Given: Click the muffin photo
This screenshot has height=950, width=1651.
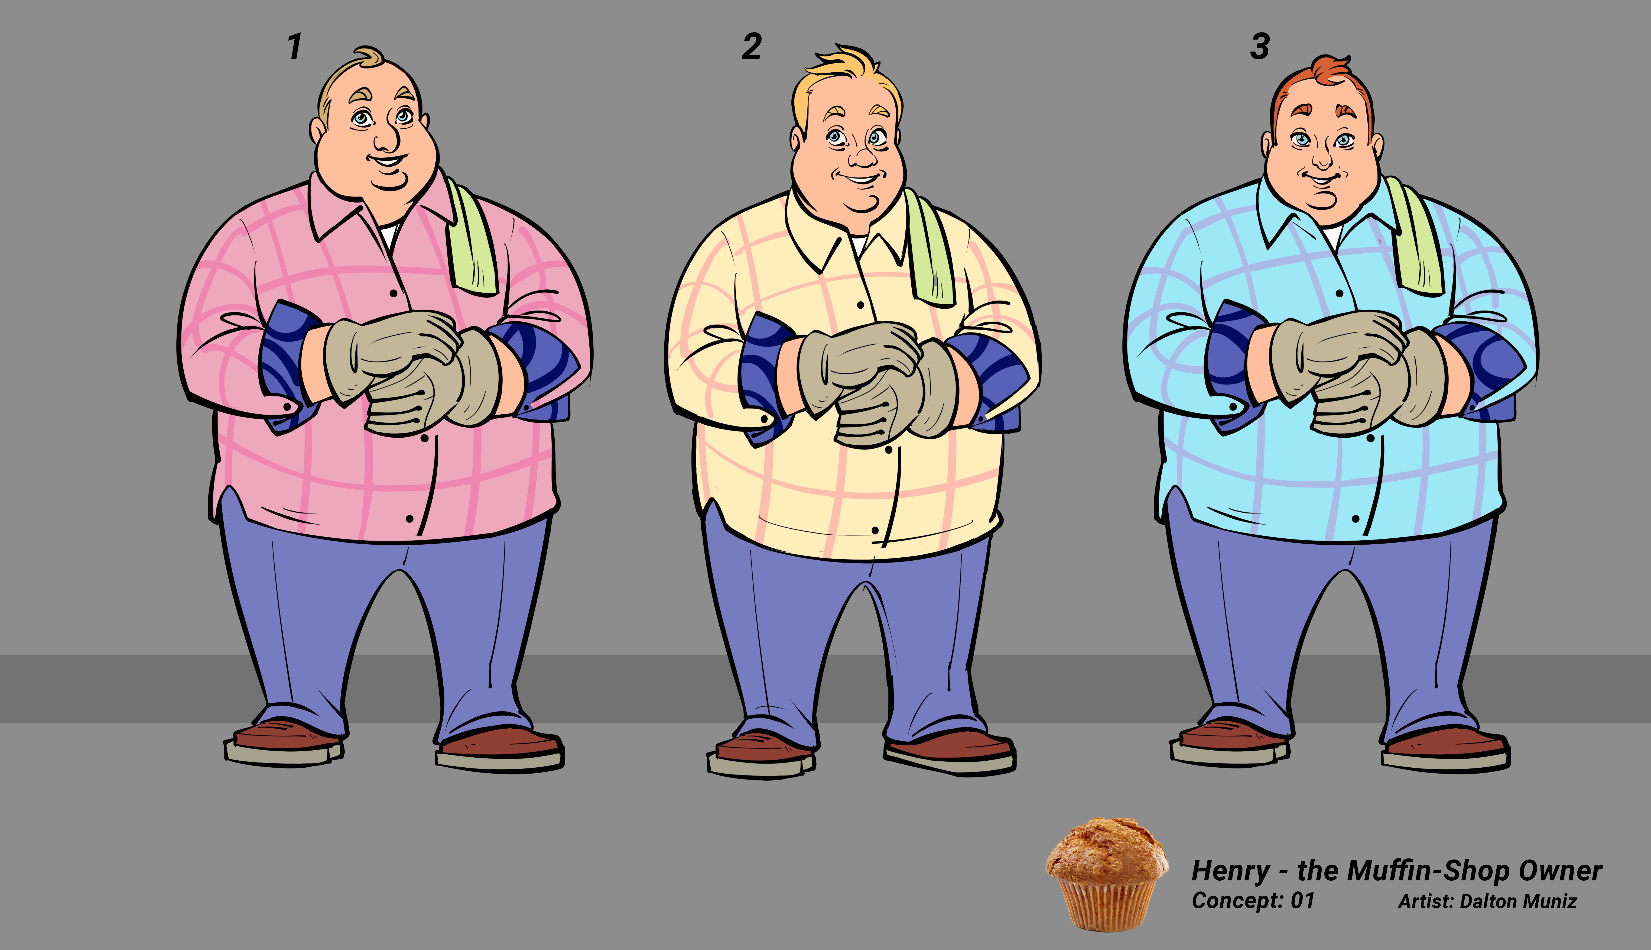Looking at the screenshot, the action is coord(1107,873).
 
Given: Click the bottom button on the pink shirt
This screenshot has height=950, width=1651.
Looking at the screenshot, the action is coord(409,519).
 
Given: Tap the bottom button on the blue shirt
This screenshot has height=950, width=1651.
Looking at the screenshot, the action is coord(1356,519).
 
